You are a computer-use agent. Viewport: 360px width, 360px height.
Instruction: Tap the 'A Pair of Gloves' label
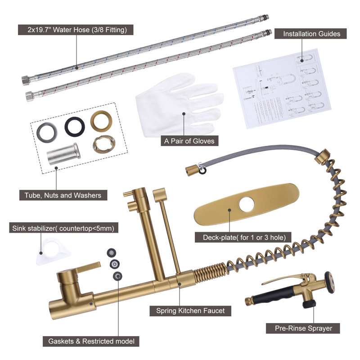(189, 141)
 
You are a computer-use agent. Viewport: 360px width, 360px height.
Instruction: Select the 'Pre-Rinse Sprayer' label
(303, 328)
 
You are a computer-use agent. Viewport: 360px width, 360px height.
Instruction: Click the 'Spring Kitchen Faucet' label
(190, 310)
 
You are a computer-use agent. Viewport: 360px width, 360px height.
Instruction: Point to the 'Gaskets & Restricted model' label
(91, 341)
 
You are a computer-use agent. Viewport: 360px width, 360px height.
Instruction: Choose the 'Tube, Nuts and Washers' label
(63, 195)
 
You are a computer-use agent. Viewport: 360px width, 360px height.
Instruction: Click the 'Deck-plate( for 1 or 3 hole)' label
(243, 237)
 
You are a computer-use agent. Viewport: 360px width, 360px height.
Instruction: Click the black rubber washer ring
(75, 127)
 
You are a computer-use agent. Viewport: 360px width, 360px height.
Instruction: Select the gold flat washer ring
(101, 121)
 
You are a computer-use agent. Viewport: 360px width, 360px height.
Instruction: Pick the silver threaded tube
(63, 153)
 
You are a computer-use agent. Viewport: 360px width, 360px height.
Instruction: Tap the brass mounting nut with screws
(104, 144)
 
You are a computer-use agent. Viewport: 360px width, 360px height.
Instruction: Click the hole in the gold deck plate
(246, 204)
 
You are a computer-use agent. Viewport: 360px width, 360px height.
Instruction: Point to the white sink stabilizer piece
(53, 251)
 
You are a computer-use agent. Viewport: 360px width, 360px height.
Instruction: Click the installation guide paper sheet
(282, 89)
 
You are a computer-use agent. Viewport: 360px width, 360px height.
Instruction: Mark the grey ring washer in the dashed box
(47, 133)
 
